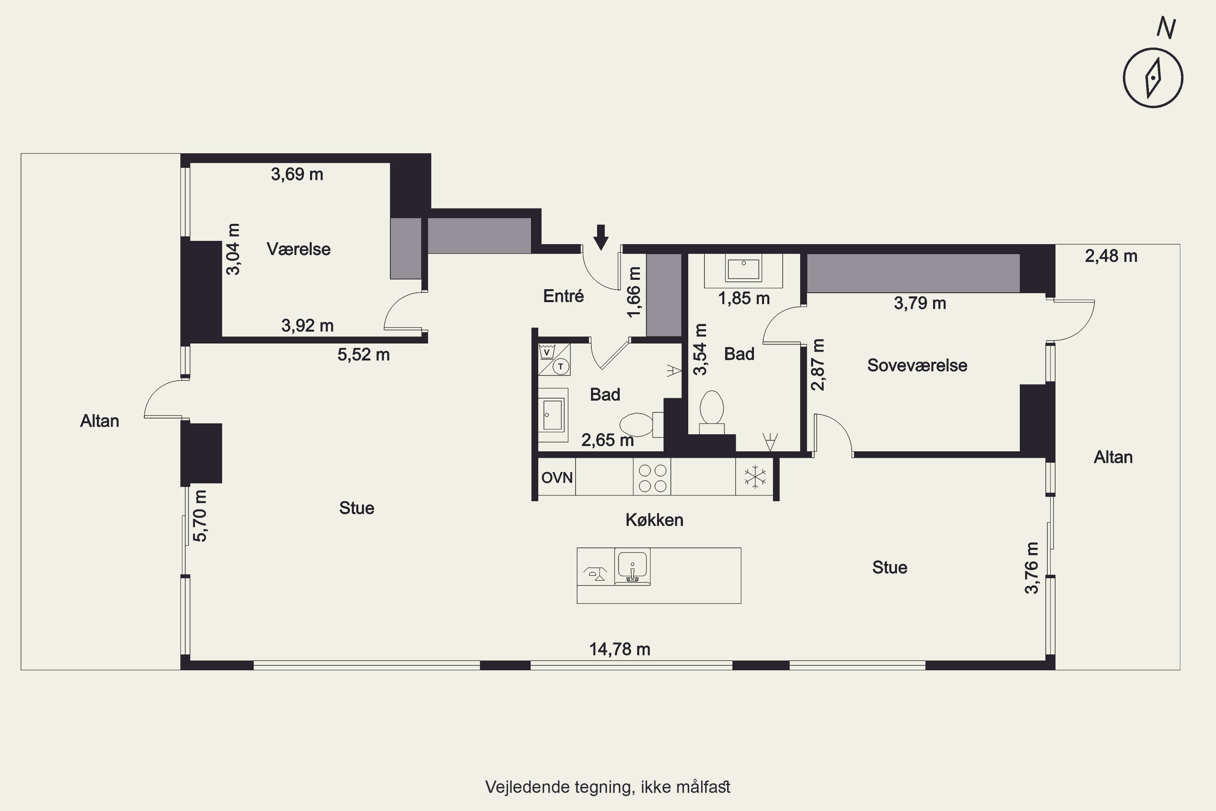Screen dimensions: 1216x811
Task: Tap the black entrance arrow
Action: (601, 237)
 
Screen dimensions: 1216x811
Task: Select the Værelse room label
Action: (299, 249)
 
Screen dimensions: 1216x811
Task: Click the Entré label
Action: (563, 296)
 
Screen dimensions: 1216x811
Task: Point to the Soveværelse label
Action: (917, 365)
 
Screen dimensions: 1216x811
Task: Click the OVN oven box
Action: (557, 477)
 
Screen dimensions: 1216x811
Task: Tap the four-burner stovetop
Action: (652, 477)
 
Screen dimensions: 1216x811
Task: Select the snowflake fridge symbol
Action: (755, 477)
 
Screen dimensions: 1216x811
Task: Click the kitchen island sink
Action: (632, 567)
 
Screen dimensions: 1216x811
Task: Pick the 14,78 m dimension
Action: (620, 649)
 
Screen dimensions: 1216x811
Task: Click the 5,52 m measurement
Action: (364, 355)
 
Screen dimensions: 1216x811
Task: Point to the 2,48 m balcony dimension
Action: (1111, 256)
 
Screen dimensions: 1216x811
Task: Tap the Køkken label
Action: (655, 520)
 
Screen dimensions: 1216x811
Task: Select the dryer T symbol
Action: (561, 367)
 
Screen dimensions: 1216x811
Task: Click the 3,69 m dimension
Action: (297, 174)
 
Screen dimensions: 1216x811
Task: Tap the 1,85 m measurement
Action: (744, 298)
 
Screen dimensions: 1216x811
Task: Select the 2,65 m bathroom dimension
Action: (608, 440)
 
